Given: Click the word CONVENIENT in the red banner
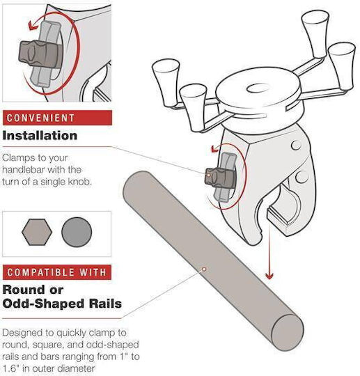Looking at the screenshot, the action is pyautogui.click(x=40, y=118).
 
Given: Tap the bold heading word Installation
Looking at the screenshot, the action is pyautogui.click(x=40, y=136).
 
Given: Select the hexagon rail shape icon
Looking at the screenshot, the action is pyautogui.click(x=37, y=232).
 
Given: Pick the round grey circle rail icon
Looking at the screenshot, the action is pyautogui.click(x=77, y=232).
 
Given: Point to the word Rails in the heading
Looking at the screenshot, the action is pyautogui.click(x=105, y=304).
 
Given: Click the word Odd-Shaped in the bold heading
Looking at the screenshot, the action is pyautogui.click(x=45, y=304).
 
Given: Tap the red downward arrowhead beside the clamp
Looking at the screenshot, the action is pyautogui.click(x=269, y=276).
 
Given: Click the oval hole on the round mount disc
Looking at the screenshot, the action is pyautogui.click(x=258, y=88).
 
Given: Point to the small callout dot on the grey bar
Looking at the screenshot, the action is pyautogui.click(x=204, y=269).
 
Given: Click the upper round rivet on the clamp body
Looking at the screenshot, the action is pyautogui.click(x=296, y=145).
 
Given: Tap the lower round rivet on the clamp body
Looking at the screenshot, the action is pyautogui.click(x=302, y=177).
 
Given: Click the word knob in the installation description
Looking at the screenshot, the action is pyautogui.click(x=80, y=182).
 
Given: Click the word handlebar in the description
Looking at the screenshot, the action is pyautogui.click(x=24, y=170).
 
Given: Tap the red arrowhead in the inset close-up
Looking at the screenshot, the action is pyautogui.click(x=32, y=26).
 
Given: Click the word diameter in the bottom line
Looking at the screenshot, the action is pyautogui.click(x=77, y=369).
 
